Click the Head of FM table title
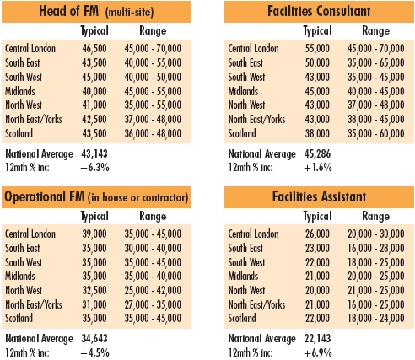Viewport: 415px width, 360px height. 96,12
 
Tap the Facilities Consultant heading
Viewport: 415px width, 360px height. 319,11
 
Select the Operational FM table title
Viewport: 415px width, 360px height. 96,196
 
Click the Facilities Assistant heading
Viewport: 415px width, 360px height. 319,196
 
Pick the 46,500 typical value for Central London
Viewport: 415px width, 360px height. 94,48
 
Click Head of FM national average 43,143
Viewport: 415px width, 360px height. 94,153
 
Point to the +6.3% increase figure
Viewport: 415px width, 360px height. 94,168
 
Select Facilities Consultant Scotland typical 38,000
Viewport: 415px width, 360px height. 317,133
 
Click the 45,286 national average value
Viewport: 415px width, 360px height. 317,153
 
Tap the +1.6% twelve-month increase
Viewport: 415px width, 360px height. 318,168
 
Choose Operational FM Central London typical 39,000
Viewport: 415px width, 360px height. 94,234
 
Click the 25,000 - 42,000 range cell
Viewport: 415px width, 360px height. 153,290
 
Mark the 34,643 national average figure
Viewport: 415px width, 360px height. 94,338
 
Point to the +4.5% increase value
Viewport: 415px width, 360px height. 94,352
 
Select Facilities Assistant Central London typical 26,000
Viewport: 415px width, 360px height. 317,234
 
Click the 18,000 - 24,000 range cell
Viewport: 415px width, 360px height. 376,318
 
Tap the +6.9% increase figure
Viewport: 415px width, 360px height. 318,352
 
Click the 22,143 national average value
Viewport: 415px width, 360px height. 317,338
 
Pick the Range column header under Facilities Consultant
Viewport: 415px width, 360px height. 376,31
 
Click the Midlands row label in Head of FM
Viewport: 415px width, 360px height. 20,91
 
